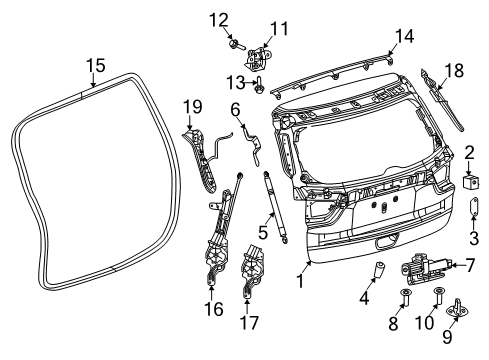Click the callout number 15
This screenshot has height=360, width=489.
tap(94, 66)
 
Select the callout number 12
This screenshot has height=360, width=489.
tap(219, 18)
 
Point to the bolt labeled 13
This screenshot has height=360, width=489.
tap(260, 85)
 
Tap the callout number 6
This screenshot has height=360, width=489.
tap(236, 108)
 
